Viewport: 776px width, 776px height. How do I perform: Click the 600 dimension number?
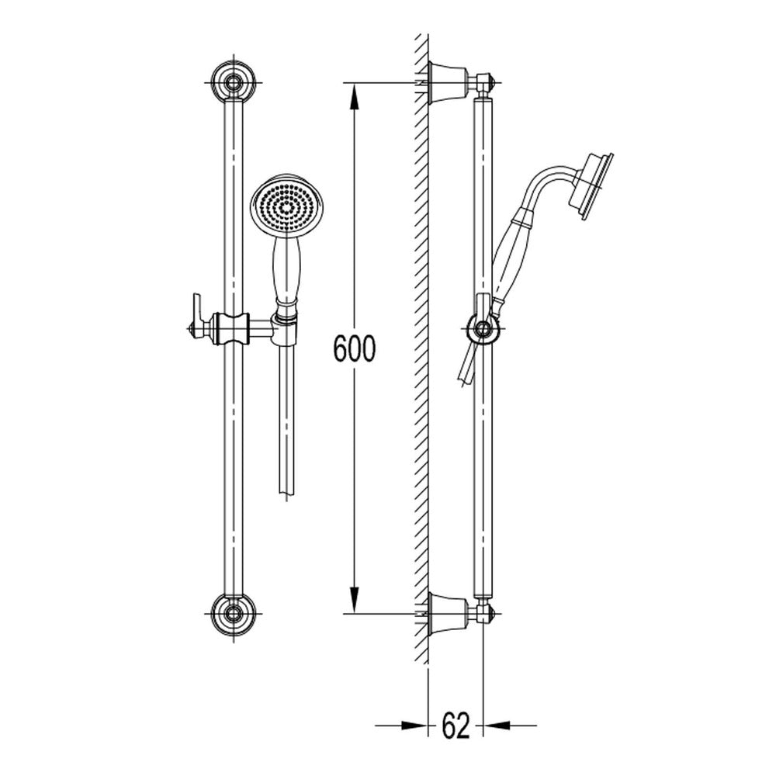pos(355,348)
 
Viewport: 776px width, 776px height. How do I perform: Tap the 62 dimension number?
pos(456,726)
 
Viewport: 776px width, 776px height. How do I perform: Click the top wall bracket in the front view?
pos(233,83)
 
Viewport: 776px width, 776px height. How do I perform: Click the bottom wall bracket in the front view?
pos(233,614)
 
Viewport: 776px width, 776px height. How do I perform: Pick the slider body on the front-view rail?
pos(231,328)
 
